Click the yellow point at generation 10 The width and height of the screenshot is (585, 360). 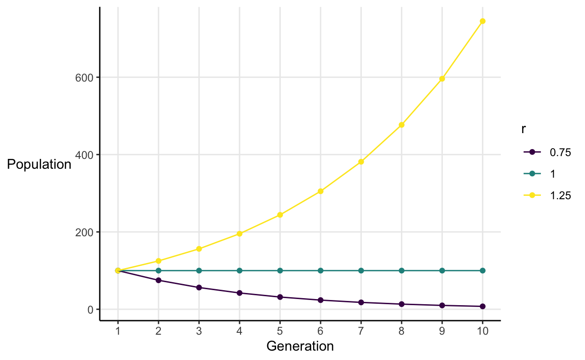click(x=482, y=21)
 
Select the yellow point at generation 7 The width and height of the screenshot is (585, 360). click(x=361, y=162)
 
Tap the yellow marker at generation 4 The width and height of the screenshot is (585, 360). click(x=240, y=233)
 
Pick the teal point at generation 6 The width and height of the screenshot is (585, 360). click(x=321, y=270)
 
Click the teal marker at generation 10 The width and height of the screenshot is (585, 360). click(x=482, y=270)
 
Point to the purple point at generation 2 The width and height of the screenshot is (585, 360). click(x=158, y=280)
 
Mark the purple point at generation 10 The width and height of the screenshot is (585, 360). click(x=482, y=306)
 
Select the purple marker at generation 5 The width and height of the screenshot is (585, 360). click(x=280, y=297)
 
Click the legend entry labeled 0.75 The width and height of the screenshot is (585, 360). click(x=560, y=152)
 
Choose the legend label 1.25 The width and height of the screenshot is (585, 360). click(x=560, y=196)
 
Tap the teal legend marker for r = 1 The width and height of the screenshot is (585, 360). click(x=532, y=174)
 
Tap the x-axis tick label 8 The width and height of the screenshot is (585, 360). click(x=402, y=331)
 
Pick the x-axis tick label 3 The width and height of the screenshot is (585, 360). click(x=199, y=331)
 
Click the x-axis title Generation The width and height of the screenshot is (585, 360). click(x=300, y=346)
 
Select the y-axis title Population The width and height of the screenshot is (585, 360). click(x=38, y=165)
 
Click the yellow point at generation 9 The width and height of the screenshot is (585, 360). click(x=442, y=79)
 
